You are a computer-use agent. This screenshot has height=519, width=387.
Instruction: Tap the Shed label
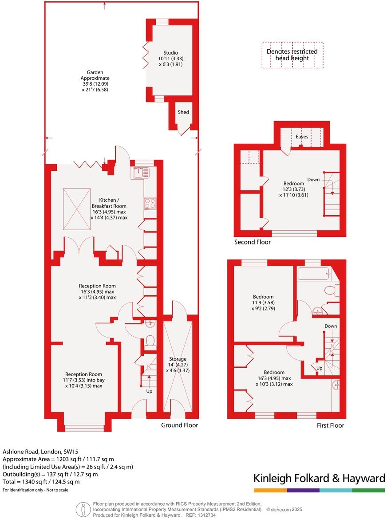pos(183,112)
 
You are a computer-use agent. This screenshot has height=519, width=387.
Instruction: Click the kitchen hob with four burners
pos(150,203)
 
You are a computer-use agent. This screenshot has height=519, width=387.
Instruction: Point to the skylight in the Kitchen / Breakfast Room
pos(77,209)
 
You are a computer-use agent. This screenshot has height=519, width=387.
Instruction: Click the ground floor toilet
pos(150,341)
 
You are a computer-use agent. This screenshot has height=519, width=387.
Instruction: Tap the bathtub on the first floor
pos(314,274)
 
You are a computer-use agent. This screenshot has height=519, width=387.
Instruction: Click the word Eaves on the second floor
pos(302,137)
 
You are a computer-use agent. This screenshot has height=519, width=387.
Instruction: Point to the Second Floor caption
pos(252,242)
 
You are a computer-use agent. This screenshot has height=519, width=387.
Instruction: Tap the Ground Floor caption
pos(179,425)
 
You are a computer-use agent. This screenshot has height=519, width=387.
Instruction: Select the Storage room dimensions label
pos(178,365)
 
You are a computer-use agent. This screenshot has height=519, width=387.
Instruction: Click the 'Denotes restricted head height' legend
pos(292,55)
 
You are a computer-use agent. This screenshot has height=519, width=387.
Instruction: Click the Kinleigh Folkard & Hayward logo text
pos(319,478)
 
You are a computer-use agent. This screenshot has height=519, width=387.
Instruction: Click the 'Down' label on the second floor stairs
pos(313,180)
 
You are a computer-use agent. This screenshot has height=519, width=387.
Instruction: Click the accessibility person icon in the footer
pos(83,509)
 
